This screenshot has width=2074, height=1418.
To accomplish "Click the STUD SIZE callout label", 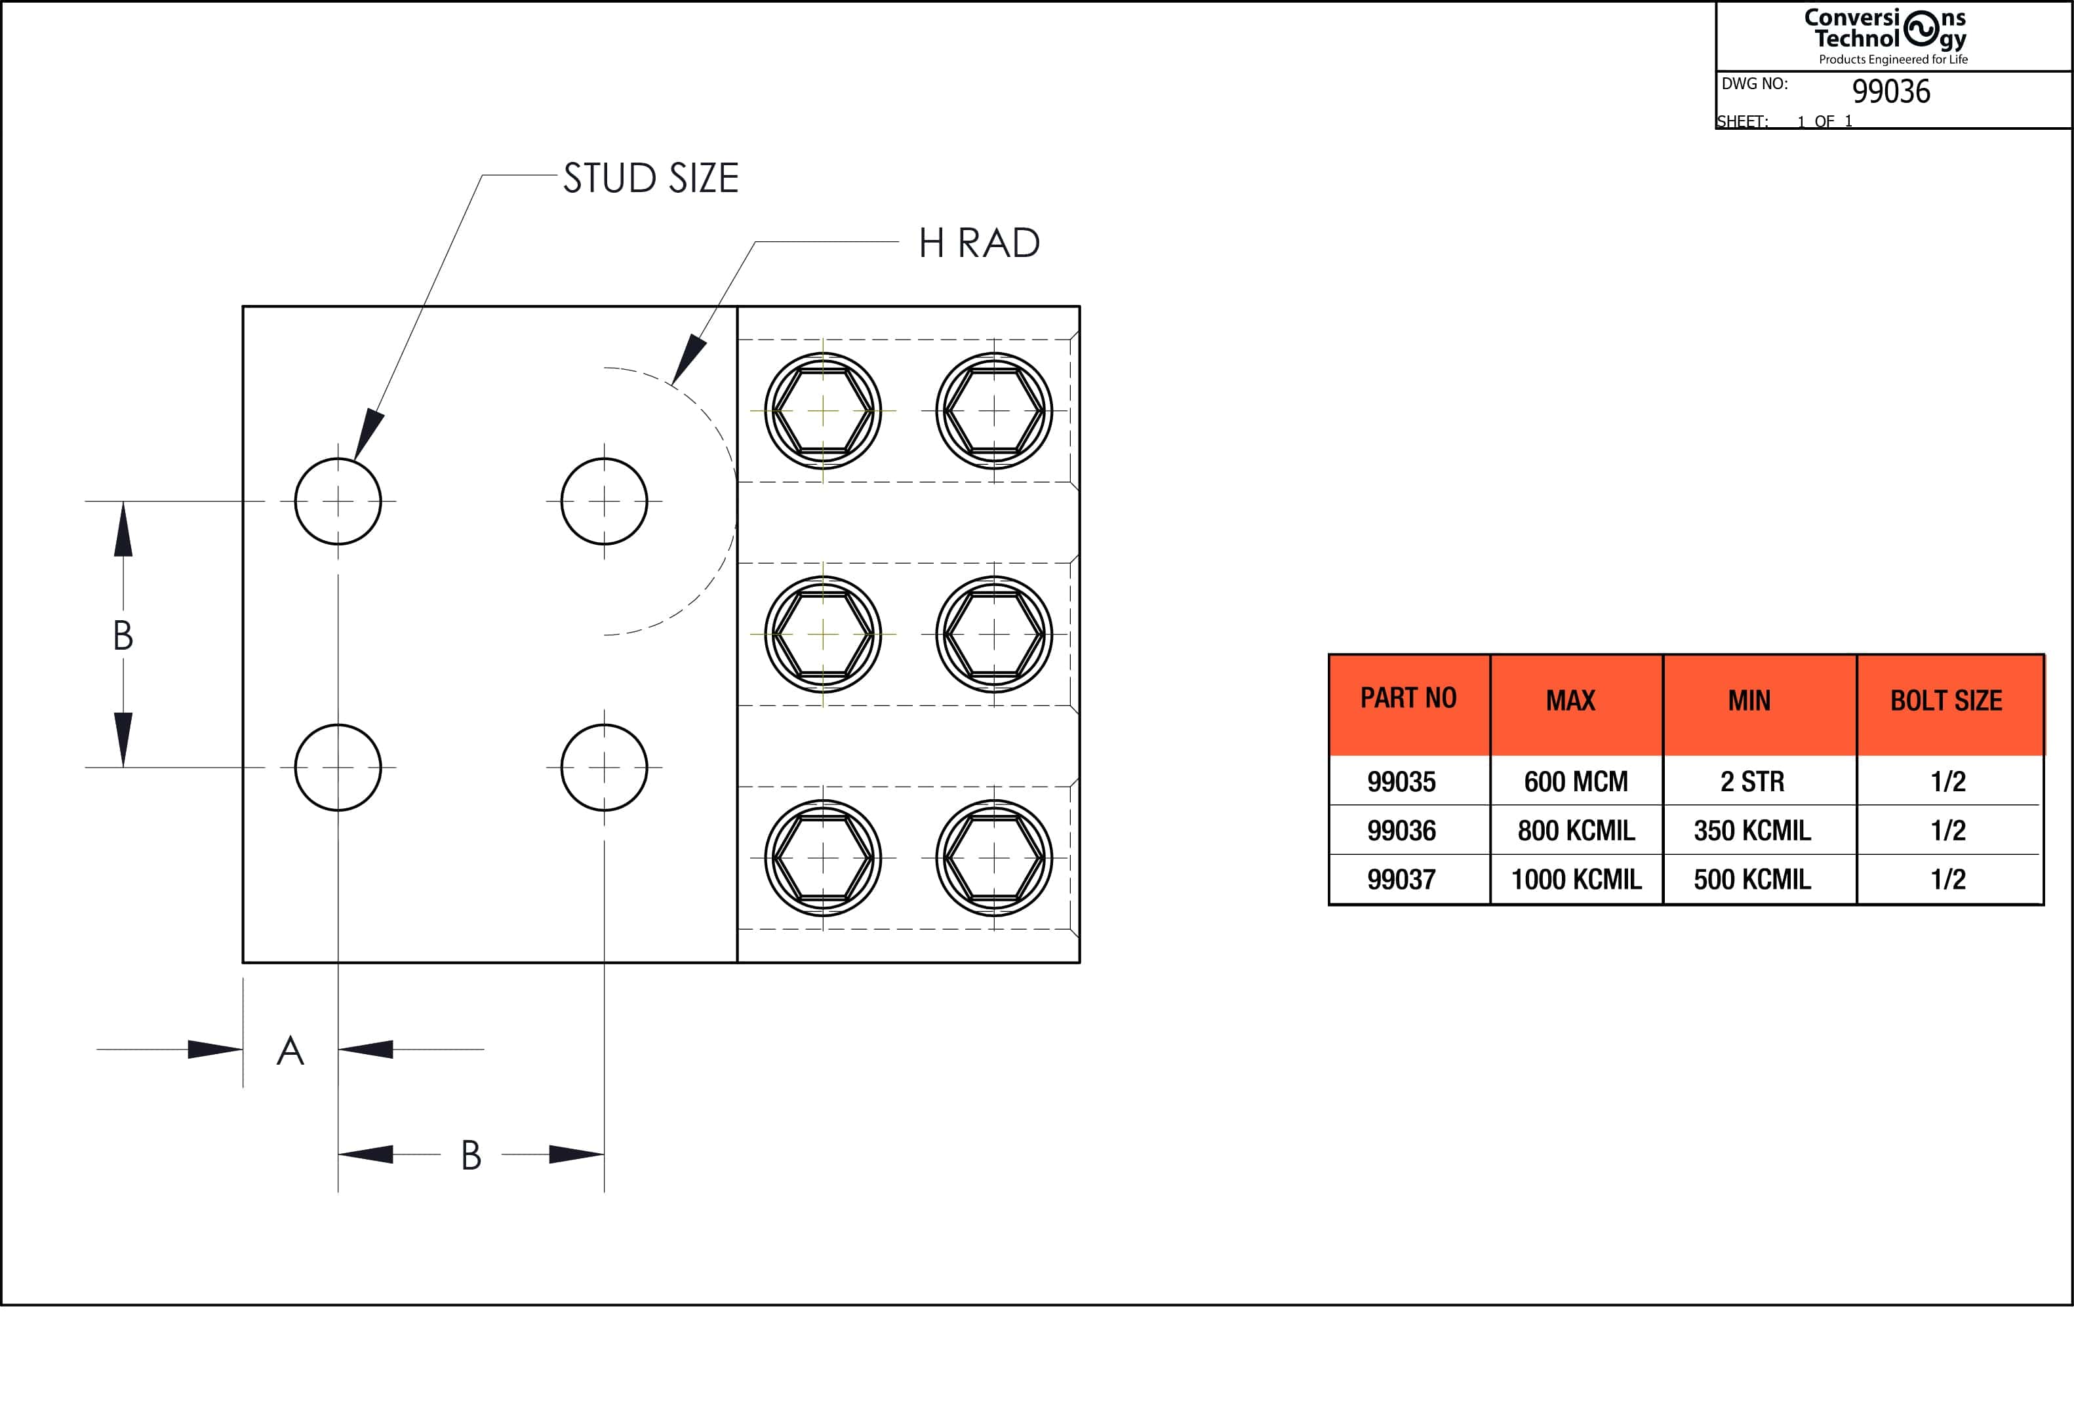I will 650,178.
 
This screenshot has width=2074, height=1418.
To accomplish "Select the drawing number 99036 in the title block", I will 1890,92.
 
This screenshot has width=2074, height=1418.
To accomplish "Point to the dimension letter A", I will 290,1052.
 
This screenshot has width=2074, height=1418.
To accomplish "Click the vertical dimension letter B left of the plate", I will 123,635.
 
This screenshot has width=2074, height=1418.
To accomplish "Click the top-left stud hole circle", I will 338,502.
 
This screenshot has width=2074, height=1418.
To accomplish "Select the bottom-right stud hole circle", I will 604,768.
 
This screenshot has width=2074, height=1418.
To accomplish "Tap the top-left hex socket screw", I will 823,412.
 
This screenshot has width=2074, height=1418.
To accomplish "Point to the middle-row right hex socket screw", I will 994,635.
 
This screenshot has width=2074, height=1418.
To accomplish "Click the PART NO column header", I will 1408,699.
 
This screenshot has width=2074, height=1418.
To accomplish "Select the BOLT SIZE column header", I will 1946,701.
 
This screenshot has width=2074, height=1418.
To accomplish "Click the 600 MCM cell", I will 1576,781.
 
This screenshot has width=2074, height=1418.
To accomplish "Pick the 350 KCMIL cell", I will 1752,831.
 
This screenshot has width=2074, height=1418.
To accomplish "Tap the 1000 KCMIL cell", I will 1576,880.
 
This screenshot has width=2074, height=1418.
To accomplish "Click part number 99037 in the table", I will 1401,880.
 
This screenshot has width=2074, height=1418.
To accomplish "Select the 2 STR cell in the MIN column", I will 1752,781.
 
